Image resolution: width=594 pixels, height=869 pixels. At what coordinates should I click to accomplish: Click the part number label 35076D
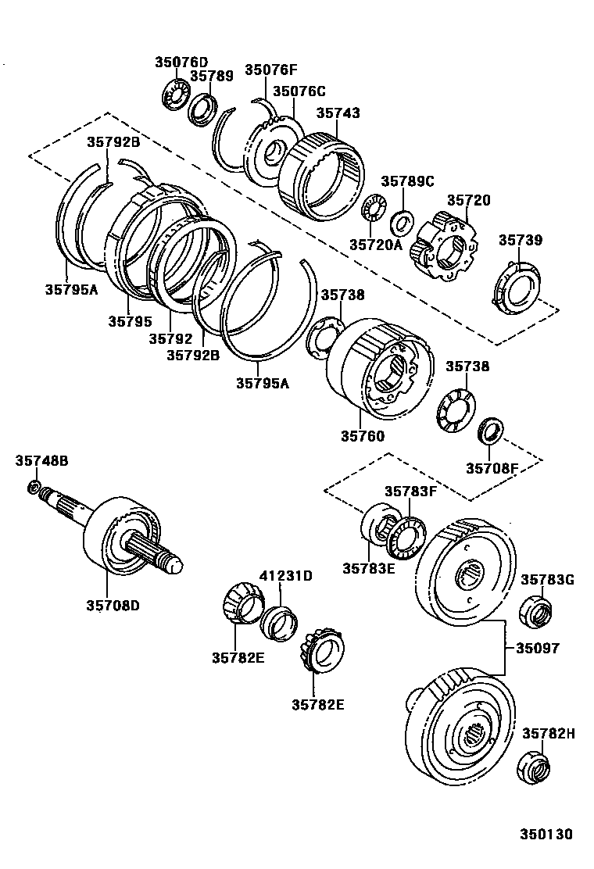pos(181,62)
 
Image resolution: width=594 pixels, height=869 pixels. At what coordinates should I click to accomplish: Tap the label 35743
pos(338,113)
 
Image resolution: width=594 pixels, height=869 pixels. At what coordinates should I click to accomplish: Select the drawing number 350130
pos(546,835)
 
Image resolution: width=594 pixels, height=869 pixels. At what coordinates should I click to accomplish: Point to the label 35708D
pos(113,604)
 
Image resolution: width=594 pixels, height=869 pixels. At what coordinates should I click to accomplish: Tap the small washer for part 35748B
pos(34,488)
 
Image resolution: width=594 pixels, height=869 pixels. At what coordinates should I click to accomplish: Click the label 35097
pos(537,648)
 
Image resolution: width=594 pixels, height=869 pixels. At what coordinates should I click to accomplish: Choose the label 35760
pos(362,435)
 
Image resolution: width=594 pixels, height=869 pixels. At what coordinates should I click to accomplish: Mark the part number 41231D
pos(285,576)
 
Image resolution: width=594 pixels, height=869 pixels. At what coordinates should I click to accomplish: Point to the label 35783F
pos(410,491)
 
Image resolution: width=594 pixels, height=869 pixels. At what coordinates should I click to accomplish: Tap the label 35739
pos(521,240)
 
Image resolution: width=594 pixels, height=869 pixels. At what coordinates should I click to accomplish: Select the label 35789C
pos(406,181)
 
